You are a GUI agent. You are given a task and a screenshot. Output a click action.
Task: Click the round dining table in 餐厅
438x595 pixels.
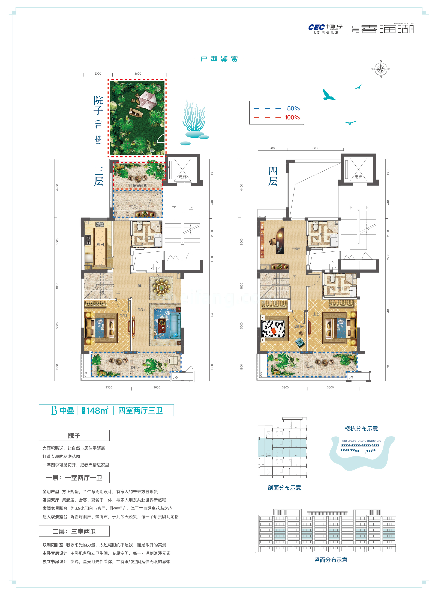pos(161,287)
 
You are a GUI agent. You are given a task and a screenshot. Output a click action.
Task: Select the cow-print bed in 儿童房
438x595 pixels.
pos(273,329)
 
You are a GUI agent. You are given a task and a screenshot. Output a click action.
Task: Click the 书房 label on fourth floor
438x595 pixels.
pos(296,248)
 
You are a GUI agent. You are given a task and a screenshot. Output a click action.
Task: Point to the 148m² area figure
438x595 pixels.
pos(97,411)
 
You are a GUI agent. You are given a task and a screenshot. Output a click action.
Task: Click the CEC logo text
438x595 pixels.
pos(317,27)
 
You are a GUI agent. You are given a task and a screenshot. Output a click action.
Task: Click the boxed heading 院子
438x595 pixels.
pos(74,435)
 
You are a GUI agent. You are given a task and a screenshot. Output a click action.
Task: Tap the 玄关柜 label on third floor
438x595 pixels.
pos(135,207)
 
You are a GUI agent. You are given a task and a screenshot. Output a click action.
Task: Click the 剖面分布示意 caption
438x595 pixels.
pos(284,488)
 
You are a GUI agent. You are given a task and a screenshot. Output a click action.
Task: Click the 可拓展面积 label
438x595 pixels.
pos(138,186)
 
